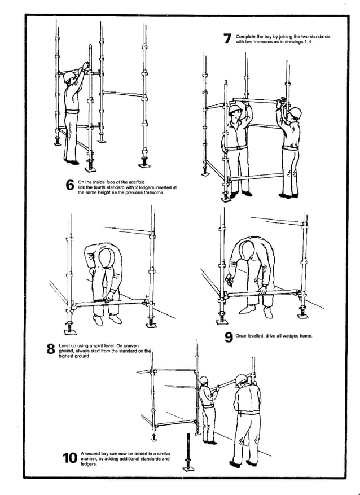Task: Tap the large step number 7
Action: tap(227, 39)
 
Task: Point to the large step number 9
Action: tap(228, 337)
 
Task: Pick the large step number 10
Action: tap(70, 458)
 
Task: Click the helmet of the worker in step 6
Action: tap(69, 76)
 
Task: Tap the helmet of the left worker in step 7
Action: tap(235, 108)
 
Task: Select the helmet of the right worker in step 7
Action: tap(293, 112)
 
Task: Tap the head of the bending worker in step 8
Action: tap(106, 257)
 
